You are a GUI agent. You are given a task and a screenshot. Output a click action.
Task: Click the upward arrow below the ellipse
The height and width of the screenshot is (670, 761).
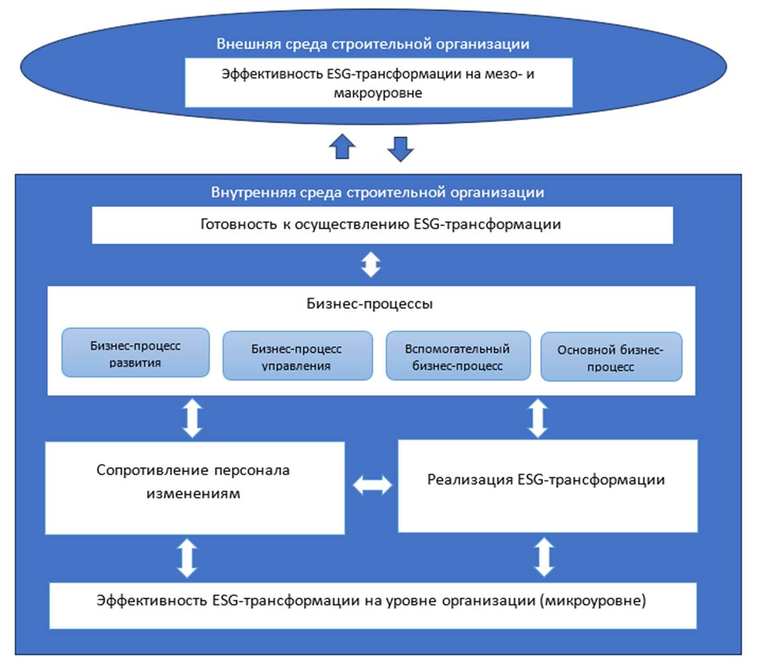(x=342, y=146)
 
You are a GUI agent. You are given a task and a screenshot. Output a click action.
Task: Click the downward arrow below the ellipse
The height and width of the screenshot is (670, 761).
(x=400, y=148)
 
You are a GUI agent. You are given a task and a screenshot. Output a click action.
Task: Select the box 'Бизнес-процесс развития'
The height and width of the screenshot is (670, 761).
(x=136, y=353)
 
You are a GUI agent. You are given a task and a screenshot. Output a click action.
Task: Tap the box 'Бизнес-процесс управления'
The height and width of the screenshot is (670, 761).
(x=297, y=357)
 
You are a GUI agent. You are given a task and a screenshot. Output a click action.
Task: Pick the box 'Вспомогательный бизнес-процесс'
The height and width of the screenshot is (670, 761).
(x=458, y=357)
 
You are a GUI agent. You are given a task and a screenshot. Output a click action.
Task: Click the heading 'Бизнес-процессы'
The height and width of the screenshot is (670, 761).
(x=370, y=304)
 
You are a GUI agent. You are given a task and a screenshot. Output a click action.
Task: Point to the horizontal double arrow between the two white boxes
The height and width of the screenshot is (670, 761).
(x=372, y=486)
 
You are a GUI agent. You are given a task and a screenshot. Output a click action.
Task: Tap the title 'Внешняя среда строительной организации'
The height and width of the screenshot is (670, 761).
(x=373, y=44)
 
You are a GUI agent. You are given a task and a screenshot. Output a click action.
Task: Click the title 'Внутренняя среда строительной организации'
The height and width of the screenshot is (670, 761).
(x=378, y=192)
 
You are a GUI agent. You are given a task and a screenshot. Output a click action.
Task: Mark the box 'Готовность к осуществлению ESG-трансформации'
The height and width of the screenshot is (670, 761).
(x=381, y=225)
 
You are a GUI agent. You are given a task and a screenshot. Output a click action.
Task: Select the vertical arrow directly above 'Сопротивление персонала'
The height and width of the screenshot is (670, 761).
(x=192, y=418)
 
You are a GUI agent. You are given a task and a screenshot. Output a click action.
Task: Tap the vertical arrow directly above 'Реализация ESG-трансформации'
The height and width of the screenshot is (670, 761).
(x=537, y=418)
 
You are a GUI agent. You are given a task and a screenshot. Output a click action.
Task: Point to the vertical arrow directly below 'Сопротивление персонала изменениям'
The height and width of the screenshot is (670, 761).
(x=188, y=557)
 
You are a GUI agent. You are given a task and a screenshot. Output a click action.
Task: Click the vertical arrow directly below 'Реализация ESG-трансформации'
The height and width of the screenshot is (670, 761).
(x=544, y=557)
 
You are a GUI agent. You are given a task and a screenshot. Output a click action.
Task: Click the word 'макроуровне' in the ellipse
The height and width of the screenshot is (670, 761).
(x=378, y=93)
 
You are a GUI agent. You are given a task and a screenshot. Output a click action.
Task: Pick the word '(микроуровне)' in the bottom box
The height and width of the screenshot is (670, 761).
(x=593, y=601)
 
